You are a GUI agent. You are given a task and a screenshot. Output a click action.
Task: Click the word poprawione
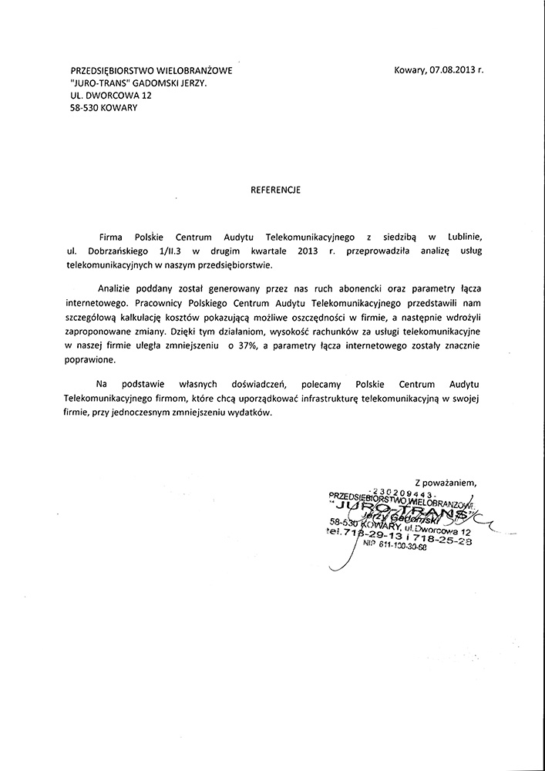(x=91, y=359)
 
